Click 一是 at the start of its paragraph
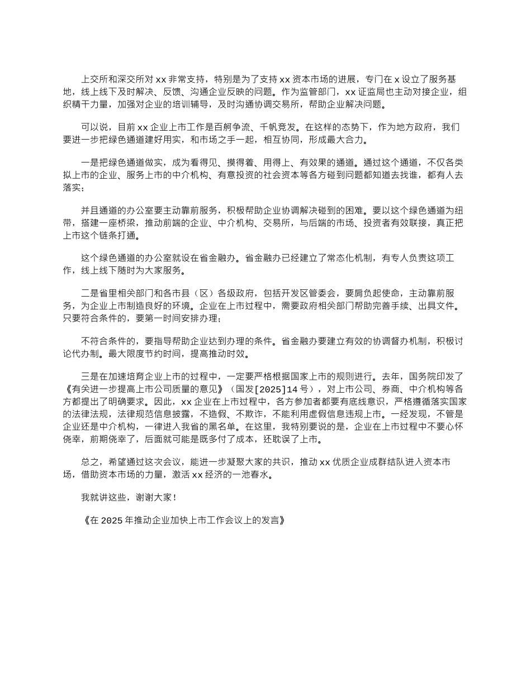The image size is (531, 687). [x=90, y=163]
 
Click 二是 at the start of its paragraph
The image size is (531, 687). [x=90, y=294]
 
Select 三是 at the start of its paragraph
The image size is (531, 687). [x=90, y=378]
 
